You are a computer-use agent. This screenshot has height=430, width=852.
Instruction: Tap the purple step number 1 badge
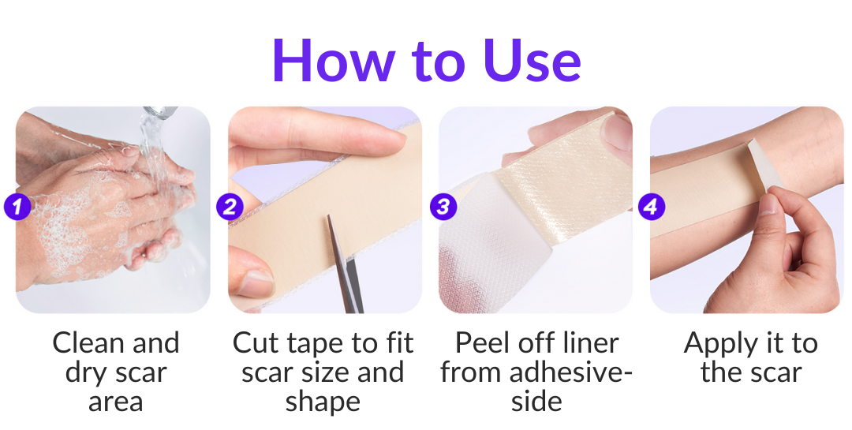(x=17, y=207)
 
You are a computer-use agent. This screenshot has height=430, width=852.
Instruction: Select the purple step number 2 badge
(x=230, y=207)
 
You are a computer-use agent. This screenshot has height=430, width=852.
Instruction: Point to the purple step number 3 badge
(x=443, y=207)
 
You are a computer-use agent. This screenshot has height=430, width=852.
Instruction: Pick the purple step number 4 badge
(x=651, y=207)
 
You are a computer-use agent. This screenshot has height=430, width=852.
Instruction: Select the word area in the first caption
(x=115, y=402)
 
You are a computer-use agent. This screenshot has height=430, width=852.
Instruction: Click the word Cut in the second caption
(x=256, y=343)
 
